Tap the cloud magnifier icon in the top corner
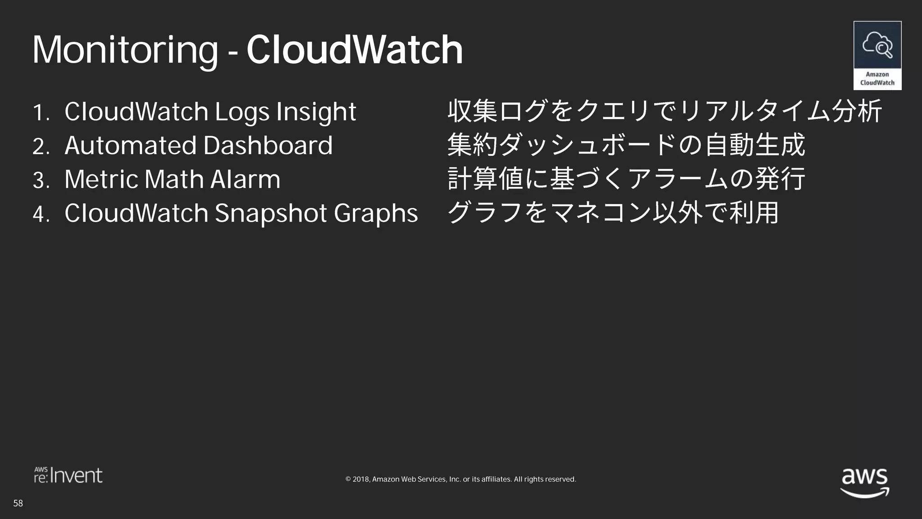tap(877, 45)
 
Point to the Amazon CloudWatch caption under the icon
tap(877, 79)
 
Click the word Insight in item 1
tap(316, 112)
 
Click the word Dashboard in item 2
tap(268, 146)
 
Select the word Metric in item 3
tap(101, 179)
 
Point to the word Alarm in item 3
tap(245, 179)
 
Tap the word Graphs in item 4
tap(376, 214)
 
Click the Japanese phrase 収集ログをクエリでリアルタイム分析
tap(664, 111)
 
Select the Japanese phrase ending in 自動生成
tap(626, 145)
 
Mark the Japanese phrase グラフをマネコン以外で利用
tap(613, 213)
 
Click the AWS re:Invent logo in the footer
tap(68, 476)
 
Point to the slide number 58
tap(18, 503)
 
